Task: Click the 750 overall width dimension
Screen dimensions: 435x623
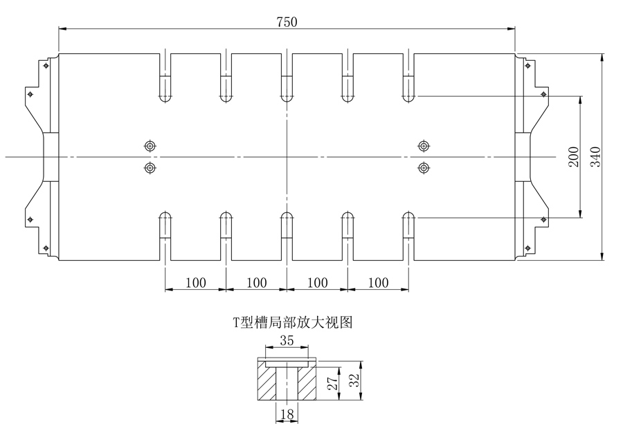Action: tap(287, 21)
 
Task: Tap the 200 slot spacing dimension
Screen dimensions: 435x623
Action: tap(572, 157)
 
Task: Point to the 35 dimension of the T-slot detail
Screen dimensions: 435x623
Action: tap(286, 340)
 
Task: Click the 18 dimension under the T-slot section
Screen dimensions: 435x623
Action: tap(287, 414)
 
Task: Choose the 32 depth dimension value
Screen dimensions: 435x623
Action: tap(354, 380)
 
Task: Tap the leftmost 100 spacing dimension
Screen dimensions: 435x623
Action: tap(195, 282)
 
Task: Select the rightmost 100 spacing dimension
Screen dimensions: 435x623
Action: tap(378, 282)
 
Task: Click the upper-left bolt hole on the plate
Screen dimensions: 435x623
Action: tap(150, 145)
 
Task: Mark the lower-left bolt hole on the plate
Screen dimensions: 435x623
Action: tap(150, 168)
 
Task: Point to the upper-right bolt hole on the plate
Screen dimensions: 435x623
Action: tap(424, 145)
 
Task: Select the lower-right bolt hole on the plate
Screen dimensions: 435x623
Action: tap(424, 168)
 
